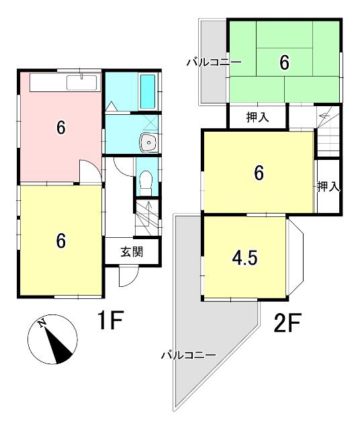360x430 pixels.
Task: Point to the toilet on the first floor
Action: [x=146, y=180]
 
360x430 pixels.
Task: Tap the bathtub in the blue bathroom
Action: [x=148, y=91]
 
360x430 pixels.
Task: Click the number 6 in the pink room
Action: [x=60, y=128]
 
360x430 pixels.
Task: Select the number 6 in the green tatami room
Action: [x=284, y=62]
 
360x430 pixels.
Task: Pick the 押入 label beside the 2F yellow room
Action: [x=328, y=186]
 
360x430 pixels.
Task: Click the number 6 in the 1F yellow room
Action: [x=60, y=241]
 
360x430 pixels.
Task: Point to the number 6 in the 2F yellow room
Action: [x=258, y=173]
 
